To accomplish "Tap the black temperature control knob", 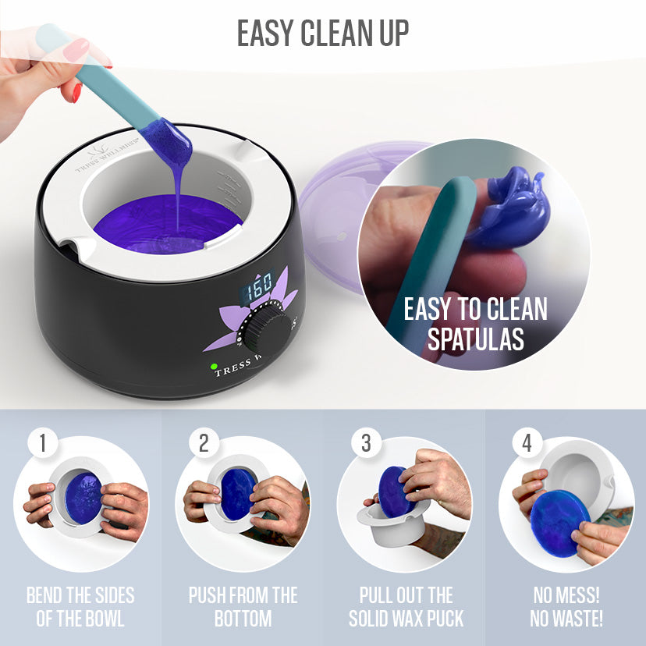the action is [267, 331].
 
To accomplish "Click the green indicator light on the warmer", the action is [214, 366].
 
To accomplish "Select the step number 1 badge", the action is [42, 443].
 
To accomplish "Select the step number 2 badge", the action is [204, 443].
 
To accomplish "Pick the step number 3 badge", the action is [366, 443].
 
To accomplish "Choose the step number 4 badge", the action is [527, 443].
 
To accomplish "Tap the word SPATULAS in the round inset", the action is [475, 339].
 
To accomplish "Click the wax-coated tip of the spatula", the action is [168, 142].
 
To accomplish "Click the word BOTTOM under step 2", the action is [243, 619].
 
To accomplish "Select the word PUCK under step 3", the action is [445, 619].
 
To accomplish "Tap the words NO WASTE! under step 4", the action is [566, 619].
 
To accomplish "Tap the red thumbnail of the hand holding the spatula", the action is [76, 93].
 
